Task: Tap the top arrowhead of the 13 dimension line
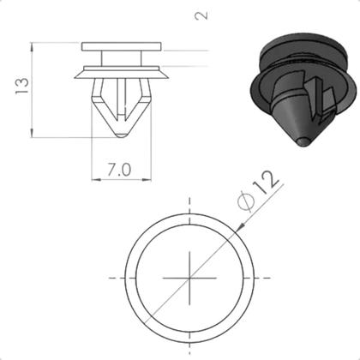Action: click(33, 45)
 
